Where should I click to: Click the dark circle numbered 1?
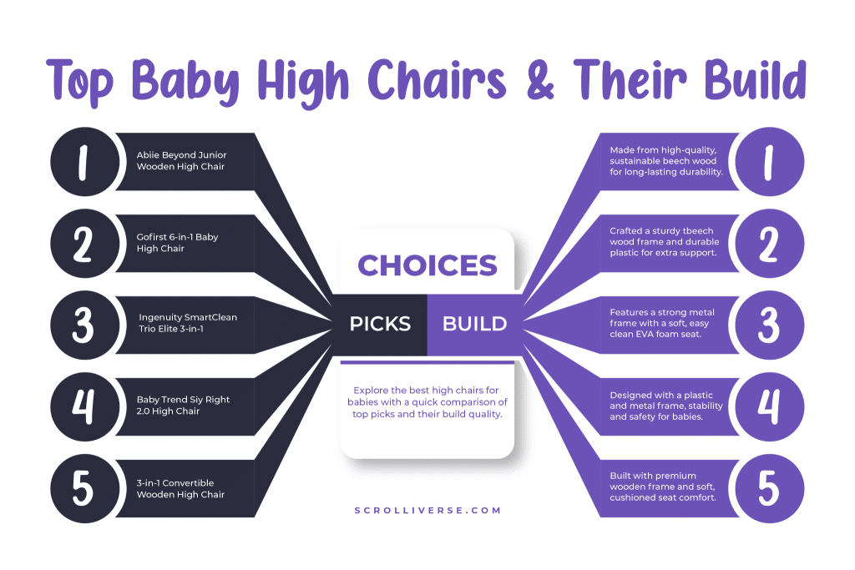[84, 162]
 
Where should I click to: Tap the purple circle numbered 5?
[769, 489]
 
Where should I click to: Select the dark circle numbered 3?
[84, 325]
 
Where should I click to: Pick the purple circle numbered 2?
[769, 244]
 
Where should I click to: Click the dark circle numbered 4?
[84, 407]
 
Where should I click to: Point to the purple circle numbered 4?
[769, 407]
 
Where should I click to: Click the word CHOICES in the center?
[427, 265]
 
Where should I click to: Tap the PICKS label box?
[380, 325]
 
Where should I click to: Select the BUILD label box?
[475, 325]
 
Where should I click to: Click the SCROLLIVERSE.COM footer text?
[427, 511]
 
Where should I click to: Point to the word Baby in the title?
[185, 83]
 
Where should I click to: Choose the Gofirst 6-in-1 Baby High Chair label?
[177, 243]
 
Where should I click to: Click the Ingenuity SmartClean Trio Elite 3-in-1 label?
[188, 323]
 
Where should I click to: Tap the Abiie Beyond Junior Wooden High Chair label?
[181, 161]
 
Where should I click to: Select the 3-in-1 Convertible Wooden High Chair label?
[180, 489]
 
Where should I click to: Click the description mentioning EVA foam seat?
[662, 323]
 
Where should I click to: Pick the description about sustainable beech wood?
[666, 161]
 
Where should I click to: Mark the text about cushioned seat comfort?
[662, 487]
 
